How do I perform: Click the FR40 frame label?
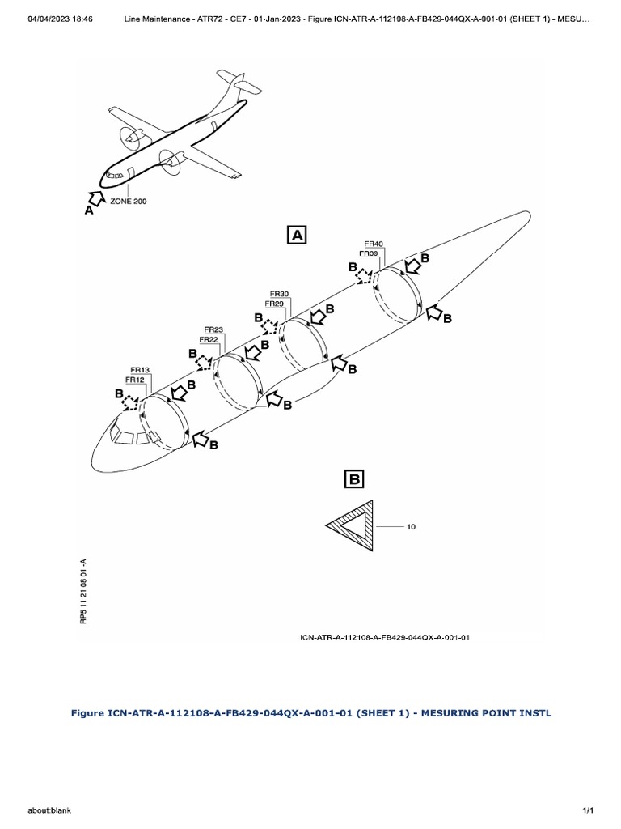[374, 243]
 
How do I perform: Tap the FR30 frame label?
[280, 293]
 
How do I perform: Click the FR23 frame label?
[213, 329]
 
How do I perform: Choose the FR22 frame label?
[209, 340]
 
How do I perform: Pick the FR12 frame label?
[135, 380]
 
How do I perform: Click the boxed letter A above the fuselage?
[296, 235]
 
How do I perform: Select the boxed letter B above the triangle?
[355, 479]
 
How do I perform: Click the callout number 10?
[411, 528]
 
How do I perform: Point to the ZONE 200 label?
[128, 200]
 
